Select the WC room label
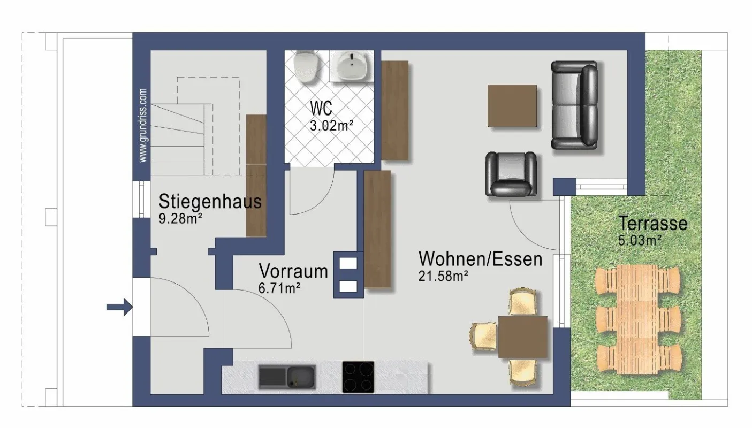coord(321,108)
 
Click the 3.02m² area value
coord(331,126)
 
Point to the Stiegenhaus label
coord(210,202)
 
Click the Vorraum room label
coord(293,271)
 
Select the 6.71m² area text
coord(279,288)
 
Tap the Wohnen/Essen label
coord(480,259)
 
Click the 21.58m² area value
coord(444,276)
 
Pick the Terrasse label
coord(652,223)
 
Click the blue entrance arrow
coord(119,307)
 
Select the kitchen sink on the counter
coord(287,376)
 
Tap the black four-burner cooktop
coord(358,377)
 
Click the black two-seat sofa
coord(574,105)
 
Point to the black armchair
coord(511,174)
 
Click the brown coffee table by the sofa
coord(512,106)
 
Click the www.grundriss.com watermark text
coord(142,126)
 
